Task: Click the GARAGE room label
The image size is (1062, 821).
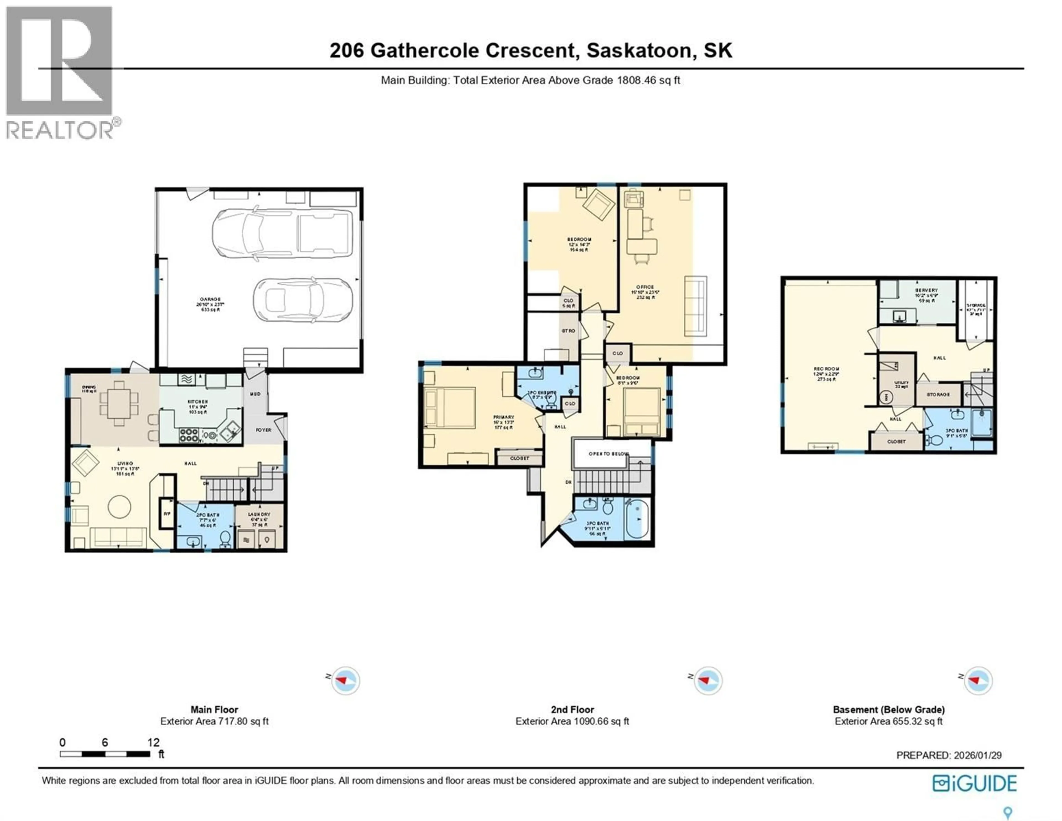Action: [x=210, y=300]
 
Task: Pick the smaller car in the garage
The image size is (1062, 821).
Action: [x=303, y=299]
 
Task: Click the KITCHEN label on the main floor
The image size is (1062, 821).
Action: [x=198, y=402]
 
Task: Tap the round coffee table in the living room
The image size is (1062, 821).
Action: [x=119, y=507]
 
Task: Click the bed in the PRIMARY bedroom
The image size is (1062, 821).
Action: [x=450, y=408]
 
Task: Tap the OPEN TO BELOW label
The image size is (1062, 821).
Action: [x=608, y=454]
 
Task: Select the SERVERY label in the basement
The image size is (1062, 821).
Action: [x=926, y=290]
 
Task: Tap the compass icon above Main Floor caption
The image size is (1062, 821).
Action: [x=345, y=680]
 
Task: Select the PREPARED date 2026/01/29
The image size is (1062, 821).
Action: [x=977, y=755]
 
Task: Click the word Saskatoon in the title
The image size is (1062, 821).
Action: [x=639, y=51]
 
